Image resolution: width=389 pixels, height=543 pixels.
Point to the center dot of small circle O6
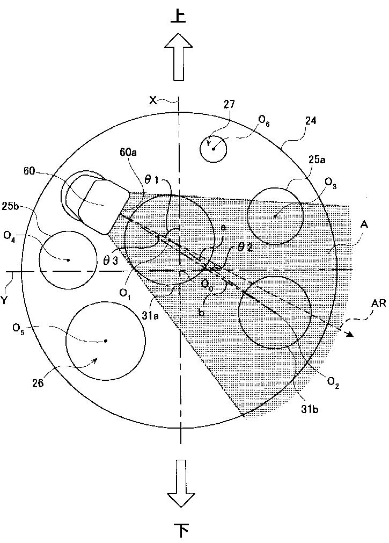[x=214, y=149]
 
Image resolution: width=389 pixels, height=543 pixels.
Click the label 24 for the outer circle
[x=310, y=121]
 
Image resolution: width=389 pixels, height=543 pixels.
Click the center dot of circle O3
[x=275, y=216]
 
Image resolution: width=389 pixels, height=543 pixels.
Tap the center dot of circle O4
[x=68, y=260]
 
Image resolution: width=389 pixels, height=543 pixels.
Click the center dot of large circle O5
[x=106, y=341]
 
